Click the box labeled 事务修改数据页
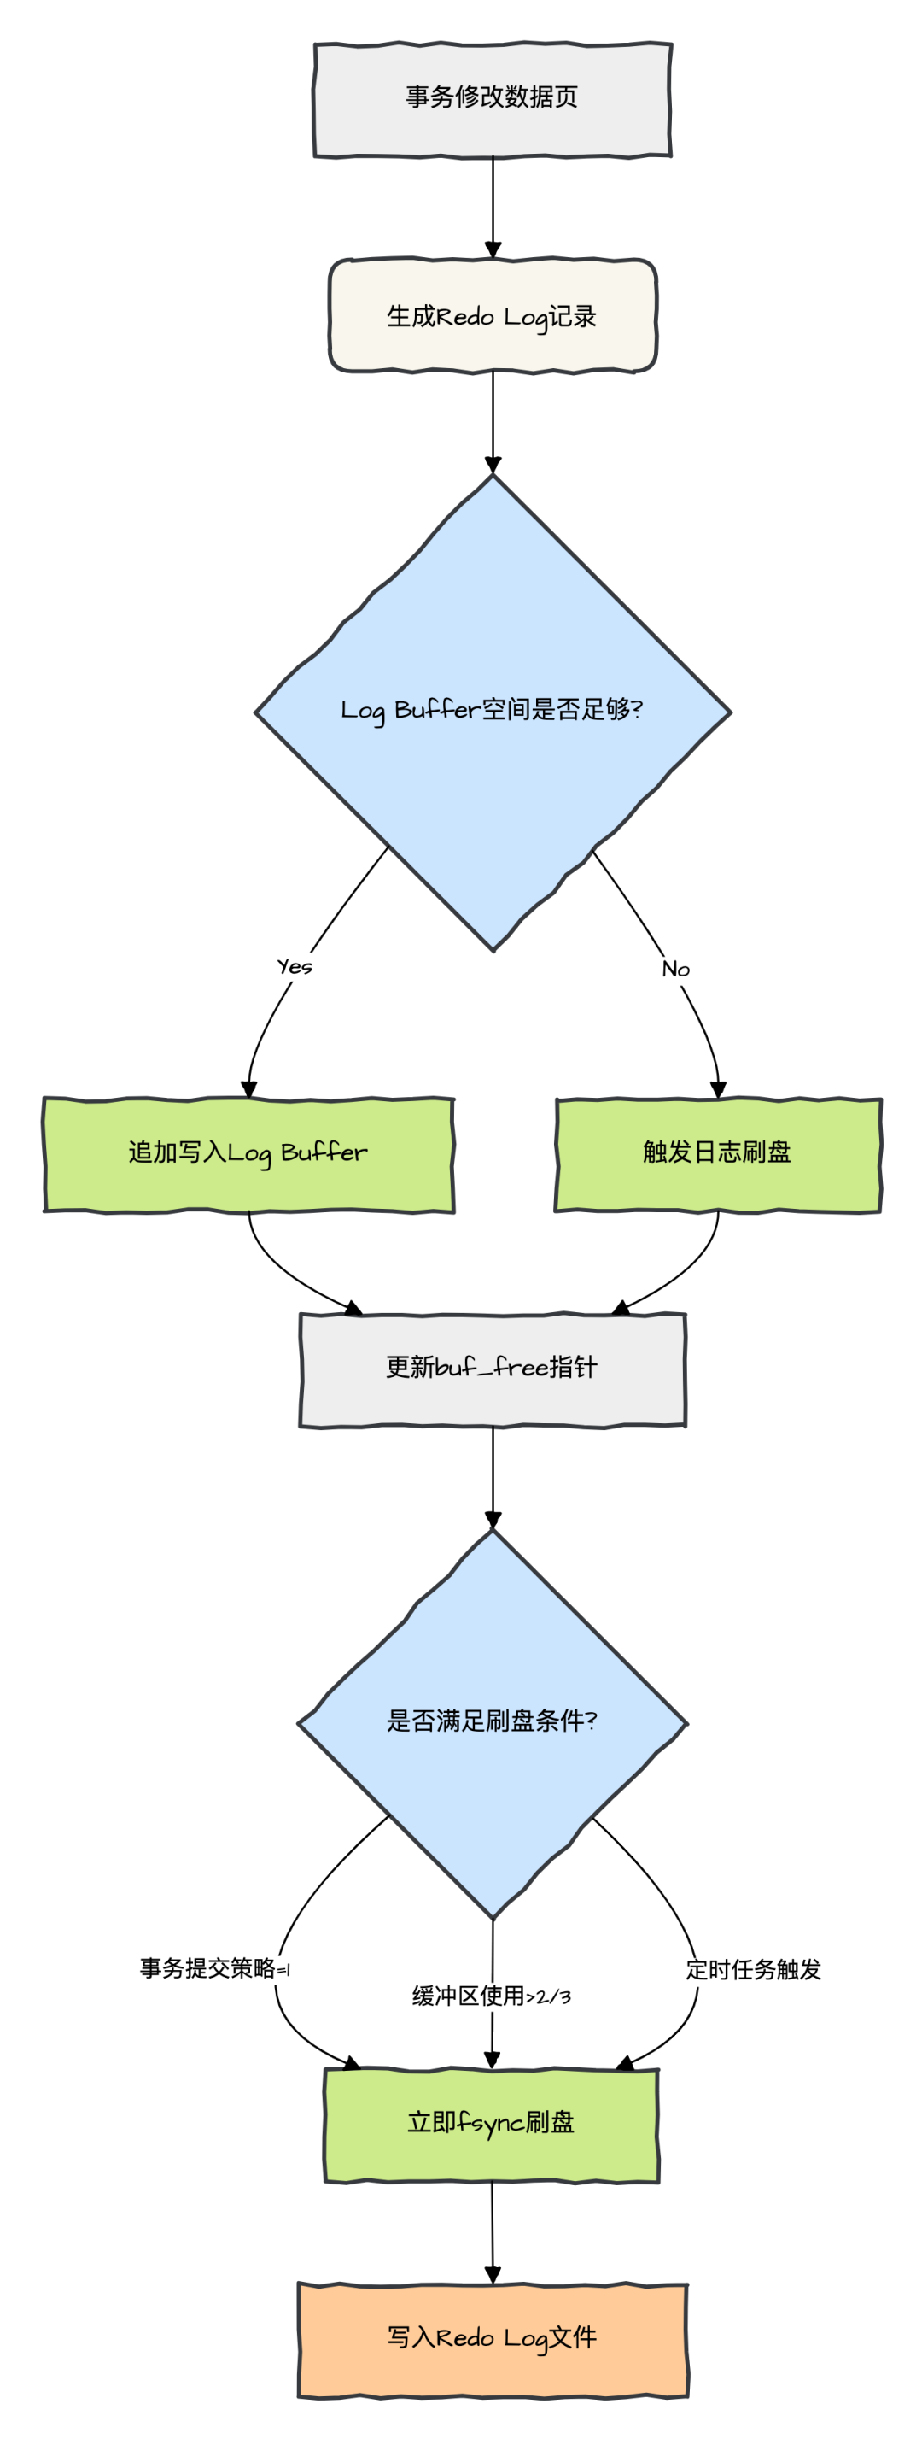pyautogui.click(x=493, y=98)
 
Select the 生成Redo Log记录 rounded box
pyautogui.click(x=493, y=316)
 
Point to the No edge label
pyautogui.click(x=676, y=970)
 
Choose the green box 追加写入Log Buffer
pyautogui.click(x=248, y=1153)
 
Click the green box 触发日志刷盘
pyautogui.click(x=717, y=1153)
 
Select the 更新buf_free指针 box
pyautogui.click(x=493, y=1369)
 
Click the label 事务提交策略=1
pyautogui.click(x=216, y=1968)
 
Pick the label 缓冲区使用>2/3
pyautogui.click(x=491, y=1996)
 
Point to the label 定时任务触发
pyautogui.click(x=754, y=1969)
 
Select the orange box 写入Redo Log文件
pyautogui.click(x=493, y=2339)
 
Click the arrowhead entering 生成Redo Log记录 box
pyautogui.click(x=493, y=251)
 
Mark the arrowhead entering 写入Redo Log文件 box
pyautogui.click(x=493, y=2275)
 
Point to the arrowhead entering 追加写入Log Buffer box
pyautogui.click(x=249, y=1091)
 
